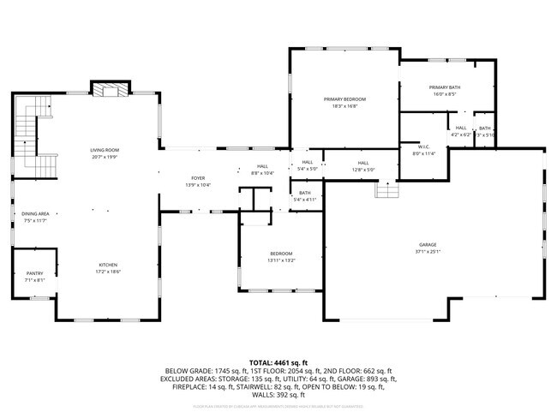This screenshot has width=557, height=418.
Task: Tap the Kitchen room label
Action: coord(108,265)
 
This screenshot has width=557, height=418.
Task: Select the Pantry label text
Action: coord(34,273)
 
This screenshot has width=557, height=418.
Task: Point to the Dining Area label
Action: coord(35,214)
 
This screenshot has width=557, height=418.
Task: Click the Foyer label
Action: coord(198,178)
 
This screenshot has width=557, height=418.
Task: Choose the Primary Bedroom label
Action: coord(340,99)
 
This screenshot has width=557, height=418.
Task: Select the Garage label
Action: coord(428,244)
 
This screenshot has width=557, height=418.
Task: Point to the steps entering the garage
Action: coord(386,189)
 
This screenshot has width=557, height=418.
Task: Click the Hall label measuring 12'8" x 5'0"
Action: coord(363,163)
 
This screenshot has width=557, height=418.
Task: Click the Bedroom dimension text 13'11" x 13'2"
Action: coord(281,260)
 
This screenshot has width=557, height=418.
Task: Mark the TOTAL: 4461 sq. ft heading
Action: coord(278,362)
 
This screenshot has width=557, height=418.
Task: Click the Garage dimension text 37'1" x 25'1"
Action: coord(428,251)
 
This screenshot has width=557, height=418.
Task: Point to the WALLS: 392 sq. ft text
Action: coord(278,395)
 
